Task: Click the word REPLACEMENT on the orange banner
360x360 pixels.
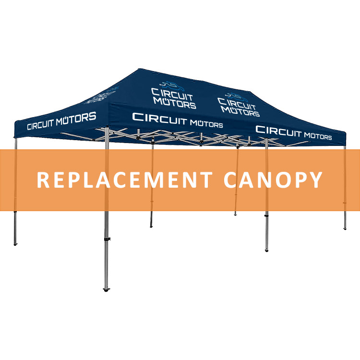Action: click(x=125, y=180)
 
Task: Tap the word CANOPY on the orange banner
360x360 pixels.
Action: click(x=273, y=180)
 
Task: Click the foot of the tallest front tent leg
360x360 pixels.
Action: click(x=106, y=289)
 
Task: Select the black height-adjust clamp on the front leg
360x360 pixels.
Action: click(x=107, y=239)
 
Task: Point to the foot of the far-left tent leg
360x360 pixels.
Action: click(x=15, y=244)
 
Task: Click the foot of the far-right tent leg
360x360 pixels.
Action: click(x=345, y=228)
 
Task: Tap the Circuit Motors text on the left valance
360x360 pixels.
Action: click(x=61, y=121)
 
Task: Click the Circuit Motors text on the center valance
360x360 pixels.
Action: click(x=178, y=120)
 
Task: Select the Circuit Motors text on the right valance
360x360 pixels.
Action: click(x=294, y=133)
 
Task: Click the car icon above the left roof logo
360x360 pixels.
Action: click(x=172, y=86)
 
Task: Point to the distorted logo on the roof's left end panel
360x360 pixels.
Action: click(x=101, y=96)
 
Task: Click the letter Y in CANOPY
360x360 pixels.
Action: click(x=316, y=180)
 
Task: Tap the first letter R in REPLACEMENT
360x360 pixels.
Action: click(x=43, y=180)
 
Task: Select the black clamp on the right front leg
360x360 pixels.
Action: click(x=266, y=216)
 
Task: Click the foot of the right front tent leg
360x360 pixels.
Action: click(x=266, y=250)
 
